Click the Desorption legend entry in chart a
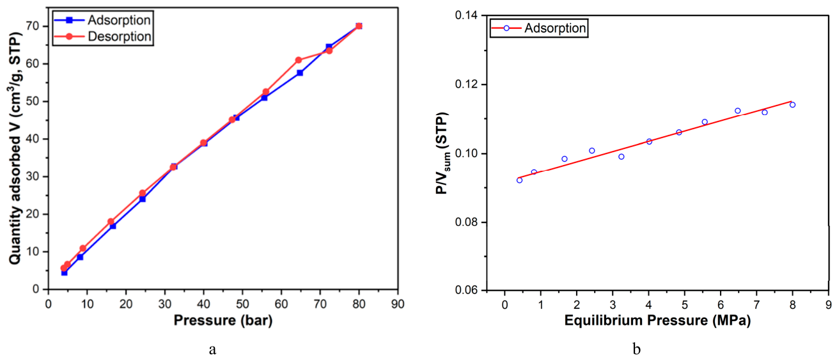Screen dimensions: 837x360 click(x=103, y=36)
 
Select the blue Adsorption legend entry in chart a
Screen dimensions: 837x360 click(x=103, y=20)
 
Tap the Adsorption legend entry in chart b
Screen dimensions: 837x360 click(x=538, y=28)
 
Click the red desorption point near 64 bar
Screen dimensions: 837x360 click(x=298, y=60)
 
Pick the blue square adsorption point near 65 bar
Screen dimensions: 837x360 click(x=300, y=73)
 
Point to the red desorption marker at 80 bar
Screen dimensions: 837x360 click(x=359, y=26)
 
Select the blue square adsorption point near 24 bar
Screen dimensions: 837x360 click(x=143, y=199)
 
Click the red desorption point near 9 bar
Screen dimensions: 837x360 click(x=83, y=248)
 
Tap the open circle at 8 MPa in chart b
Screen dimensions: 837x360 click(x=792, y=105)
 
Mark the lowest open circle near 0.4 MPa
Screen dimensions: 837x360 click(x=519, y=180)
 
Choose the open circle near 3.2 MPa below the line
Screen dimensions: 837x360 click(x=622, y=157)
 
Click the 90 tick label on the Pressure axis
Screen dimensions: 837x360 click(x=398, y=304)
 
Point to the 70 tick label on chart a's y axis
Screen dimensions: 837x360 click(x=33, y=26)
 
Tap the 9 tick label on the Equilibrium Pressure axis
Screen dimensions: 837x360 click(x=829, y=304)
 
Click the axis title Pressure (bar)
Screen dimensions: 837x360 click(x=223, y=321)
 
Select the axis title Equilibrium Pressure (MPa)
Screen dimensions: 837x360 click(x=657, y=321)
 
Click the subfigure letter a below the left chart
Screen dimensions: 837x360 click(x=213, y=350)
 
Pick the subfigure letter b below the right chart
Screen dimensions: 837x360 click(x=637, y=348)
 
